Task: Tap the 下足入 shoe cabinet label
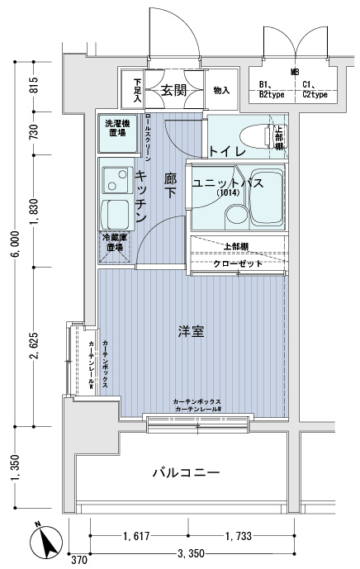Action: [137, 90]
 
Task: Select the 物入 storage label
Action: [220, 90]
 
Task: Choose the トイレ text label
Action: [225, 151]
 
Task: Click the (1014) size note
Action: [229, 193]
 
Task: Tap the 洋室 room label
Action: [191, 331]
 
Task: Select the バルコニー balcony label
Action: [185, 473]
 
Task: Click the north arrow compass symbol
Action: [44, 543]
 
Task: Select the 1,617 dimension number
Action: [137, 537]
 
